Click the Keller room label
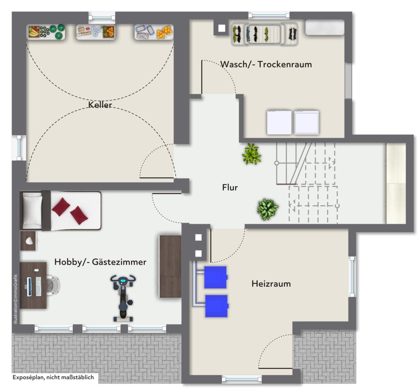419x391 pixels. point(100,105)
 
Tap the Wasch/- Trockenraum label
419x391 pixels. point(266,64)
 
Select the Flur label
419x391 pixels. point(230,188)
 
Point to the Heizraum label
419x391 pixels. point(271,283)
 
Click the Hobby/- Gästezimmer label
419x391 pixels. point(100,262)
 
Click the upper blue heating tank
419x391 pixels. point(215,277)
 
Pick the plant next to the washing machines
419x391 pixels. point(251,154)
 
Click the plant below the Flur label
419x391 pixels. point(267,209)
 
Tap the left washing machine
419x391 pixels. point(279,122)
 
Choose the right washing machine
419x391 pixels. point(306,122)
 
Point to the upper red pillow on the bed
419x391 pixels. point(61,207)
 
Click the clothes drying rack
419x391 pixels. point(264,33)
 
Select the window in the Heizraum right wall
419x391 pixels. point(352,276)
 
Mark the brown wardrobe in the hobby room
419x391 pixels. point(170,266)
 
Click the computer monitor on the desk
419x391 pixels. point(29,286)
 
